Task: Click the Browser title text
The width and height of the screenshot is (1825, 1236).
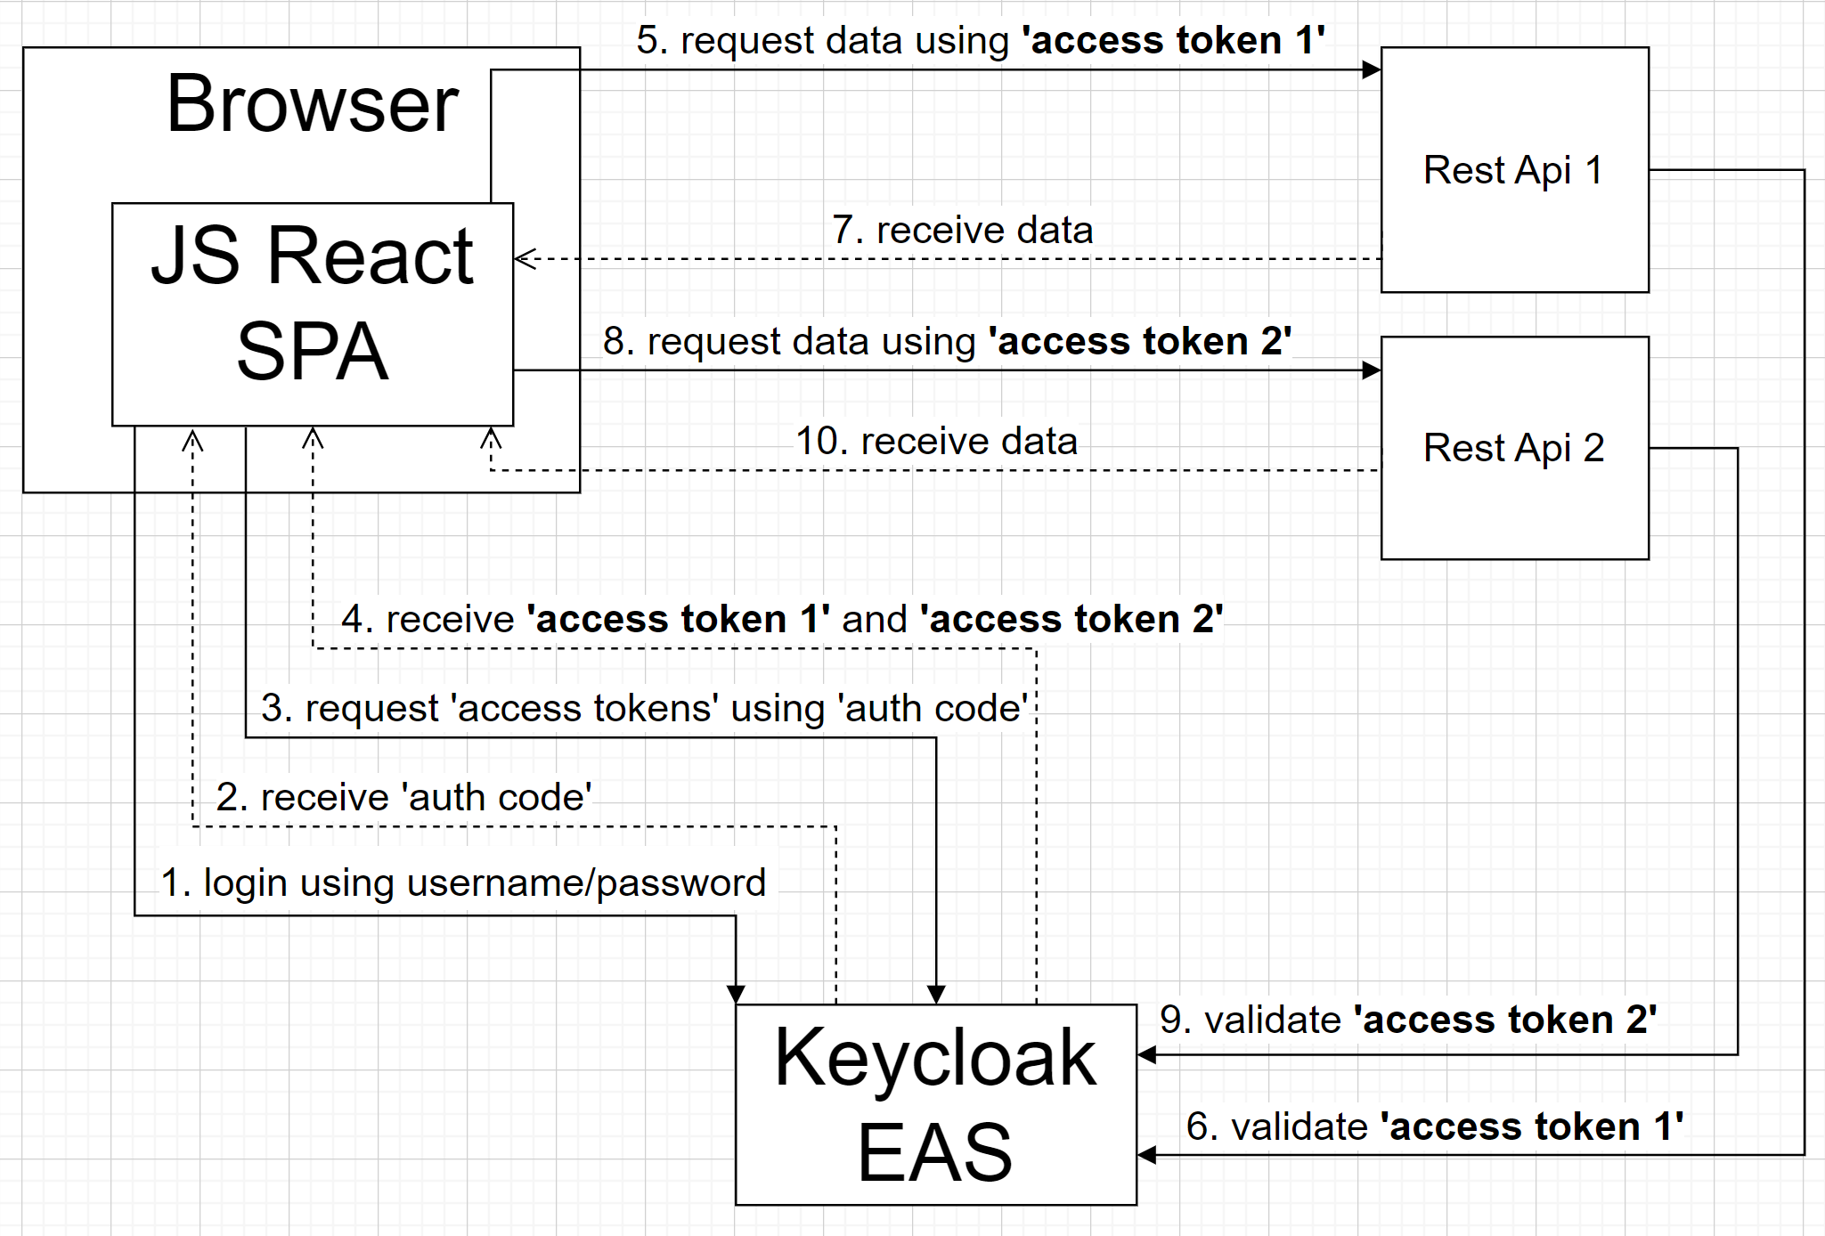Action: tap(312, 104)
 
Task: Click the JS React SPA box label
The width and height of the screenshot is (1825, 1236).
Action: tap(312, 303)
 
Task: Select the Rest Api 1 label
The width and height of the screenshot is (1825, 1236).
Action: tap(1513, 170)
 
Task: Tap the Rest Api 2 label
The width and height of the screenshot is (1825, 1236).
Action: tap(1513, 448)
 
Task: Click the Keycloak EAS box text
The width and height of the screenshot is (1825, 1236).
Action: tap(935, 1104)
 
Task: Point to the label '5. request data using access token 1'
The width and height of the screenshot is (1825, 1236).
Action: tap(980, 40)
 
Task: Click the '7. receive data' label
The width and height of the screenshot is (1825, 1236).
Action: tap(962, 230)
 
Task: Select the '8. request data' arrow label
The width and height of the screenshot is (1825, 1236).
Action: tap(947, 341)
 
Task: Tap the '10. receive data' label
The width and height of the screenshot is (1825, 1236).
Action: tap(936, 441)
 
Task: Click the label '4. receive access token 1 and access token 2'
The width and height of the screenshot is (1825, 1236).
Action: tap(782, 619)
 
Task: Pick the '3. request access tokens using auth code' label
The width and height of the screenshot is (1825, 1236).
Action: tap(643, 708)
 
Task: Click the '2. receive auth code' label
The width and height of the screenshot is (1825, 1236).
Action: tap(403, 797)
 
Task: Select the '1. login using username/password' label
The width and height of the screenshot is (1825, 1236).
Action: tap(463, 882)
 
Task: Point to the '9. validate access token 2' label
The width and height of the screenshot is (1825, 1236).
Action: tap(1407, 1020)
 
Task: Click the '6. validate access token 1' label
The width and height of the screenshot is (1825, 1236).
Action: tap(1434, 1126)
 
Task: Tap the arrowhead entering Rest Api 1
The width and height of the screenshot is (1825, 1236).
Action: tap(1372, 70)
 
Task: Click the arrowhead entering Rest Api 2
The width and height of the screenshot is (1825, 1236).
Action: tap(1372, 370)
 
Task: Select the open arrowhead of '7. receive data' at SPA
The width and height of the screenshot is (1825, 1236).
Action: tap(525, 259)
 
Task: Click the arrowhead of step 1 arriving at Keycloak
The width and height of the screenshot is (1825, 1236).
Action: tap(736, 995)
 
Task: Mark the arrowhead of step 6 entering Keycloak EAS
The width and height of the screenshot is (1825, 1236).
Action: tap(1147, 1155)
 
